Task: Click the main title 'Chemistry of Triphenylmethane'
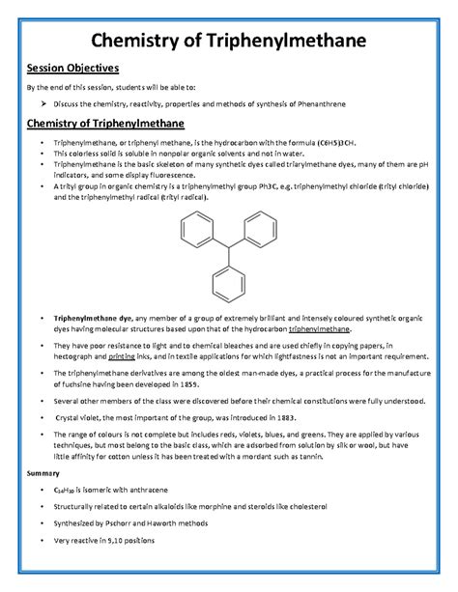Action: pyautogui.click(x=229, y=42)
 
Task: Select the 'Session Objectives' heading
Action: pyautogui.click(x=72, y=70)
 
